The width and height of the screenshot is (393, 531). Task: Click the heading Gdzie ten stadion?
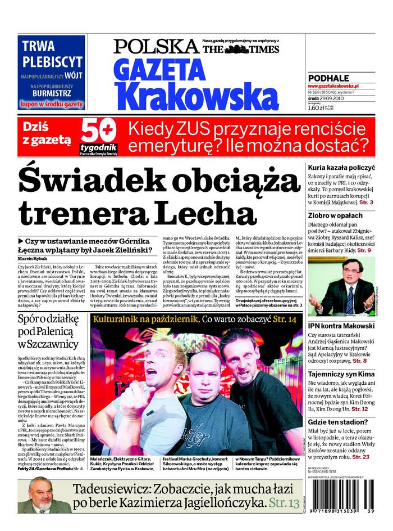339,423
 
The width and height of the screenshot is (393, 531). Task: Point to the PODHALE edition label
328,78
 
